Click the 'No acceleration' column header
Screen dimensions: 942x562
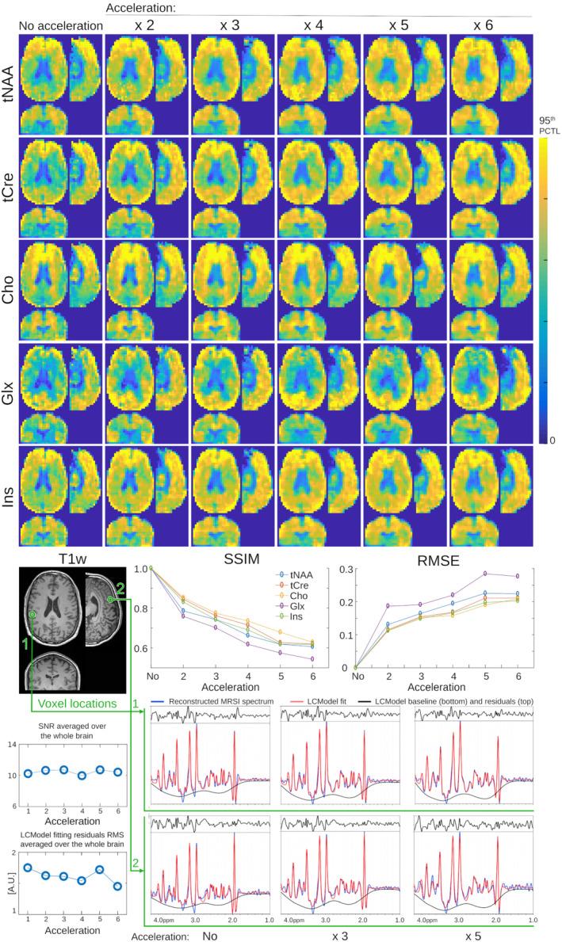(x=62, y=25)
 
